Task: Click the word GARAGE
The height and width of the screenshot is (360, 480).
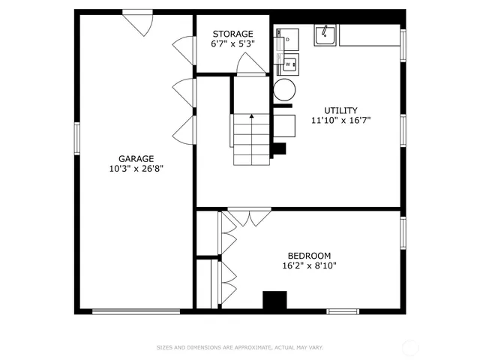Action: click(x=136, y=158)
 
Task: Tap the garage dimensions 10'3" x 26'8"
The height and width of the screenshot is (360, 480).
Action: click(x=136, y=169)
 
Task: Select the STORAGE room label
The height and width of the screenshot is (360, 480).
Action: click(x=232, y=34)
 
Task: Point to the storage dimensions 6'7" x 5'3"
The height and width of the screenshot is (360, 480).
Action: click(x=232, y=43)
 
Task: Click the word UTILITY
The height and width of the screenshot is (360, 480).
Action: click(x=340, y=110)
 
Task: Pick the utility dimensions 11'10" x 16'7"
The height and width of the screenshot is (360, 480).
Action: click(x=340, y=120)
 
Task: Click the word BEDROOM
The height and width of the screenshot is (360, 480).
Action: click(x=306, y=256)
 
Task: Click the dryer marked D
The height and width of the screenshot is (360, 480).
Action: click(x=287, y=39)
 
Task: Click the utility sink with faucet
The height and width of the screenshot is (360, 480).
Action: click(x=324, y=34)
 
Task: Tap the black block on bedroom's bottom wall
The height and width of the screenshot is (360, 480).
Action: click(x=274, y=300)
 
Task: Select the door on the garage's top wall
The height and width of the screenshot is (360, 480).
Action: click(x=139, y=21)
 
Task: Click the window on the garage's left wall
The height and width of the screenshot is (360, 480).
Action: click(x=76, y=138)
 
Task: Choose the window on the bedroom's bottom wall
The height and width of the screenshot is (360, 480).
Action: click(x=343, y=310)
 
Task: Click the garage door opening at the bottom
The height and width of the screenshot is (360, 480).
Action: click(x=136, y=310)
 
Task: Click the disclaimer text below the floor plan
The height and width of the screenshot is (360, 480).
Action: click(x=239, y=347)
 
